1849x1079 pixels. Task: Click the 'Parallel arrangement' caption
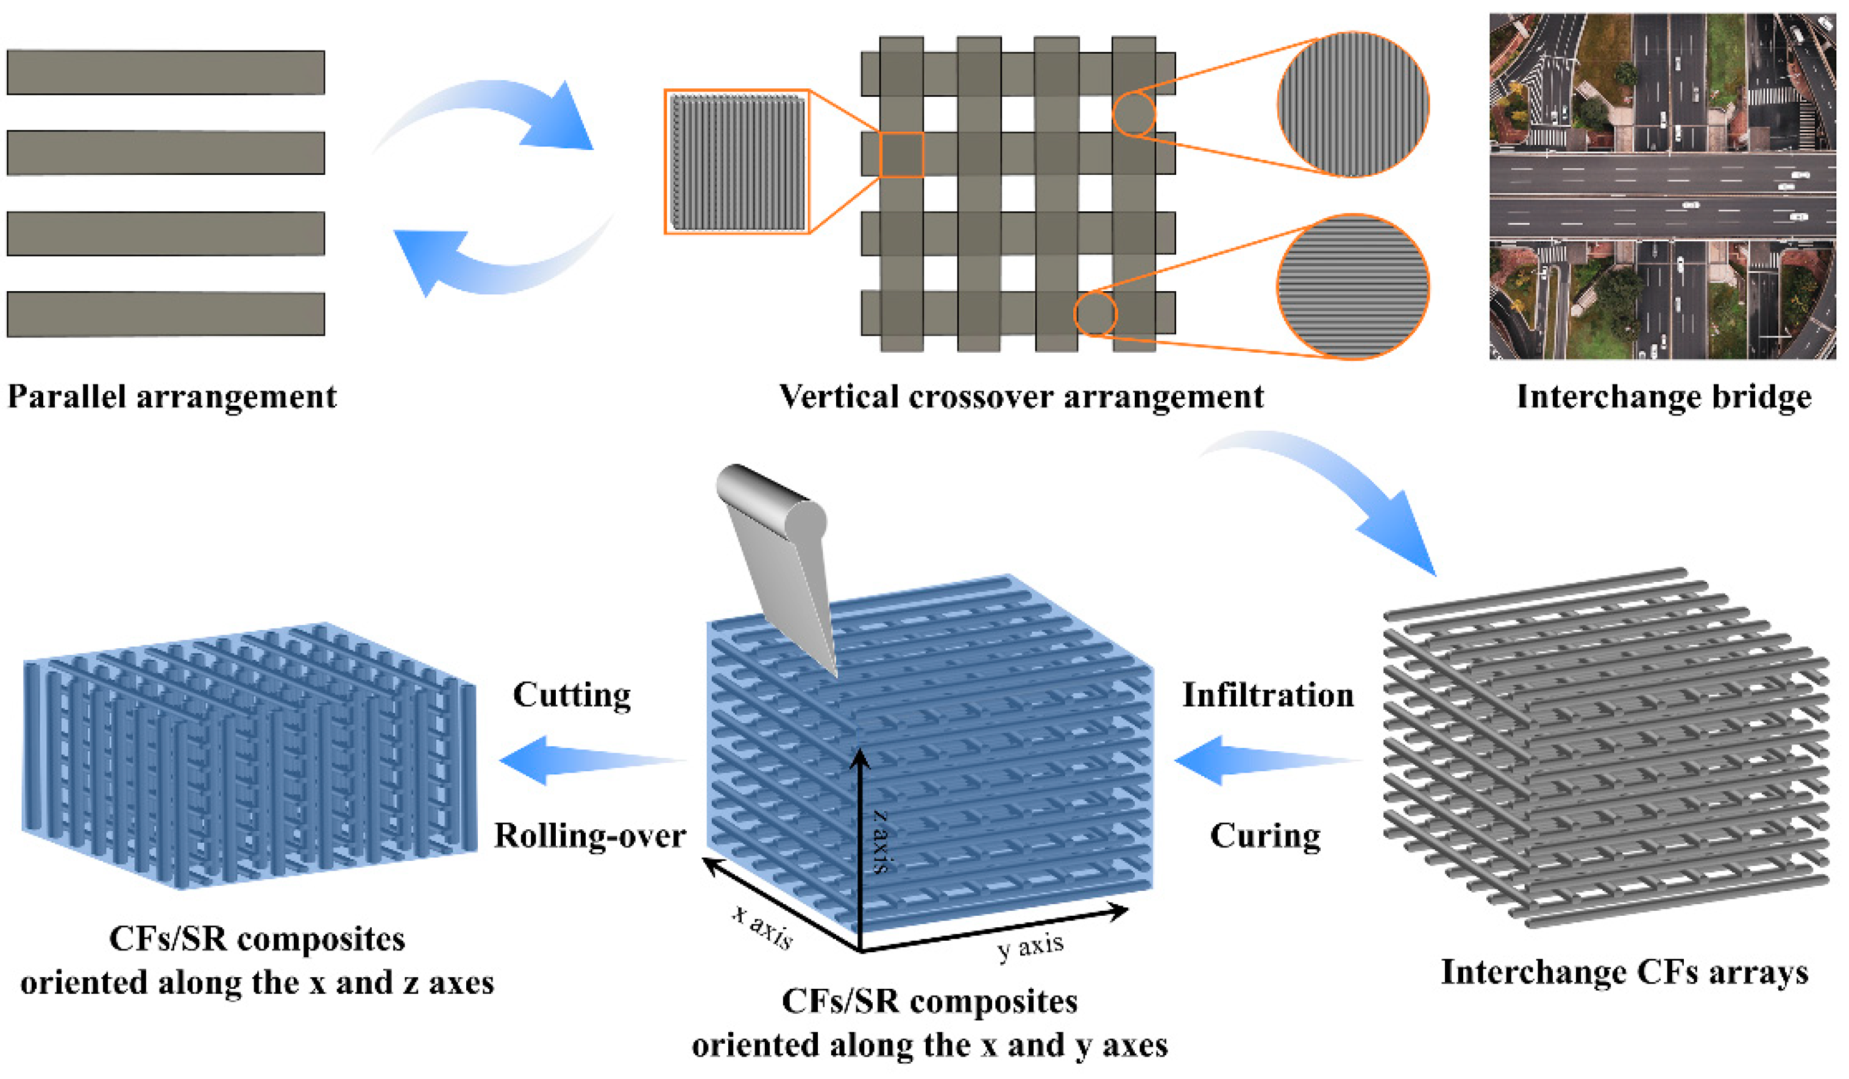pyautogui.click(x=172, y=397)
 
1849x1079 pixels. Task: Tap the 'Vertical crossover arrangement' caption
pyautogui.click(x=1021, y=397)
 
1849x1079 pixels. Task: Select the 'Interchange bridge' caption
pyautogui.click(x=1663, y=397)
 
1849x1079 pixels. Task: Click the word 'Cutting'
pyautogui.click(x=572, y=694)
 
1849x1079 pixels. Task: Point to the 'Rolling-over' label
pyautogui.click(x=589, y=835)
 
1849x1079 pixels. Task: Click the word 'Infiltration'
pyautogui.click(x=1267, y=694)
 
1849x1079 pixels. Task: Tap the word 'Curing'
pyautogui.click(x=1265, y=835)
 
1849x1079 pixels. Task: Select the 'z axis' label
pyautogui.click(x=881, y=841)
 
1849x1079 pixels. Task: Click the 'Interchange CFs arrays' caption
pyautogui.click(x=1624, y=972)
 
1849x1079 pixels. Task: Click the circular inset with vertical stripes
pyautogui.click(x=1352, y=104)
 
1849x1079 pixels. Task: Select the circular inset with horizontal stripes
pyautogui.click(x=1352, y=287)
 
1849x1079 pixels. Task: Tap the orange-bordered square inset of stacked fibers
pyautogui.click(x=737, y=162)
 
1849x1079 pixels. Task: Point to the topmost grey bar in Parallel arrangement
pyautogui.click(x=166, y=72)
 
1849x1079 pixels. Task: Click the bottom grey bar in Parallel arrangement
pyautogui.click(x=166, y=314)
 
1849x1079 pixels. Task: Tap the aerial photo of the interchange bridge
pyautogui.click(x=1662, y=186)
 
